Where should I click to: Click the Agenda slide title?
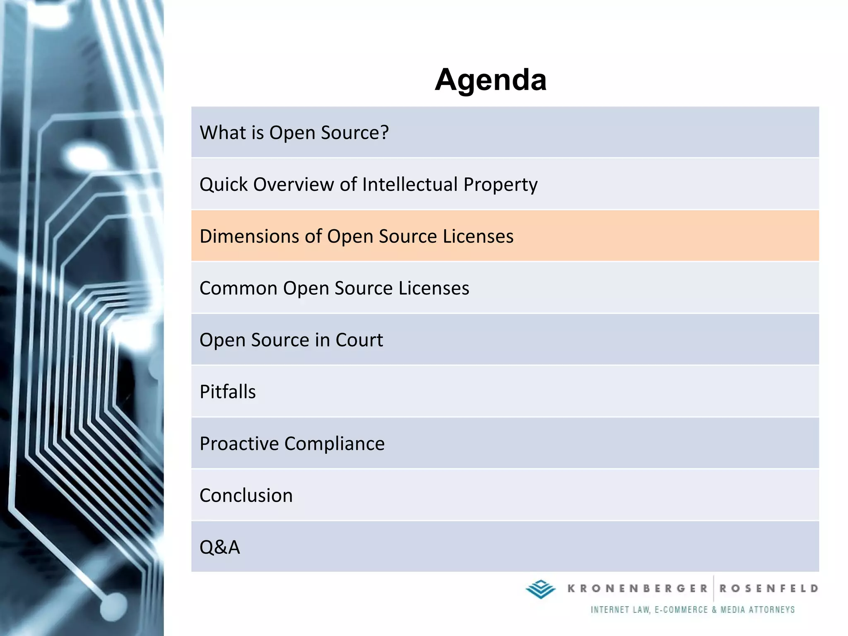(491, 79)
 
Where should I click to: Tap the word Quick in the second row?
(223, 185)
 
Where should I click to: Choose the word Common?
(238, 288)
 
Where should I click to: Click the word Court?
(359, 340)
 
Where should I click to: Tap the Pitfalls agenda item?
(228, 392)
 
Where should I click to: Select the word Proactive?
(239, 443)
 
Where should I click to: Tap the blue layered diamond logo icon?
(540, 589)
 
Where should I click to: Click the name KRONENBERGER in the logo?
(637, 588)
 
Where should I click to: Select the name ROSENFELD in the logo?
(769, 588)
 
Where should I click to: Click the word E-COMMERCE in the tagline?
(681, 609)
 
